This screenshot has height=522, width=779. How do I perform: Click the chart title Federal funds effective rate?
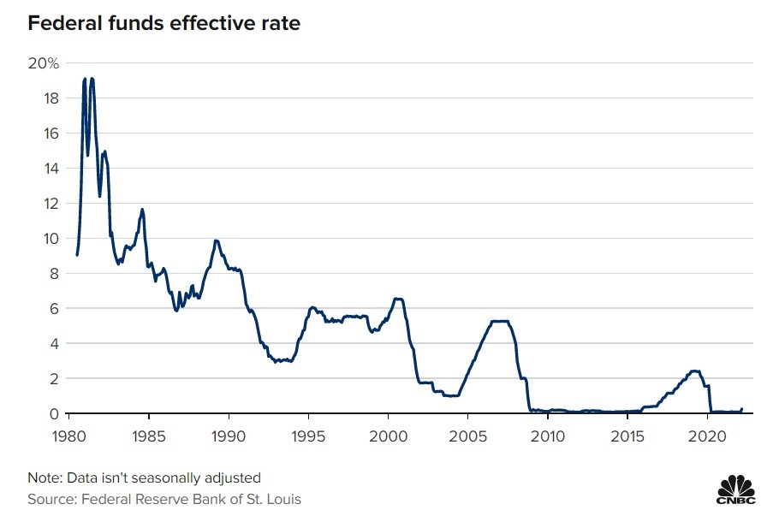click(x=164, y=23)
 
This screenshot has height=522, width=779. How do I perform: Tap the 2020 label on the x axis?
click(x=709, y=436)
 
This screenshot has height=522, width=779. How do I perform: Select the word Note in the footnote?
click(x=44, y=477)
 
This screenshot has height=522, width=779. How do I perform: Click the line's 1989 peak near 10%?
click(x=217, y=240)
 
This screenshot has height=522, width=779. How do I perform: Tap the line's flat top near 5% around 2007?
click(x=500, y=321)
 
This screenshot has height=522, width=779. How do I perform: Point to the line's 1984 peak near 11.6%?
click(x=142, y=209)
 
